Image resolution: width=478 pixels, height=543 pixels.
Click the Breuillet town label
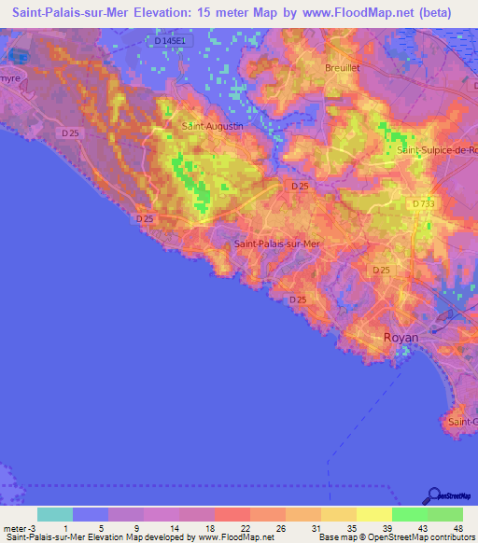(x=343, y=68)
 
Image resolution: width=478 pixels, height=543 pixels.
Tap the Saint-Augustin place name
(x=212, y=125)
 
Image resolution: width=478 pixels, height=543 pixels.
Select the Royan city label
(x=401, y=338)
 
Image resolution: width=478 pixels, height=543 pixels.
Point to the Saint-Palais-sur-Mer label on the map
(x=276, y=244)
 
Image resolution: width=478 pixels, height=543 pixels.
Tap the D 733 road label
(x=426, y=203)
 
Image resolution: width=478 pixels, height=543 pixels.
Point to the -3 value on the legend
(x=35, y=528)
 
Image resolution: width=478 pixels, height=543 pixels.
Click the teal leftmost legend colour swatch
(x=55, y=514)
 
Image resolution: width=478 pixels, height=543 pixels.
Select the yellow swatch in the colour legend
(x=374, y=514)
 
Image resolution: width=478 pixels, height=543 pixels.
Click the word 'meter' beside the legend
(x=16, y=528)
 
